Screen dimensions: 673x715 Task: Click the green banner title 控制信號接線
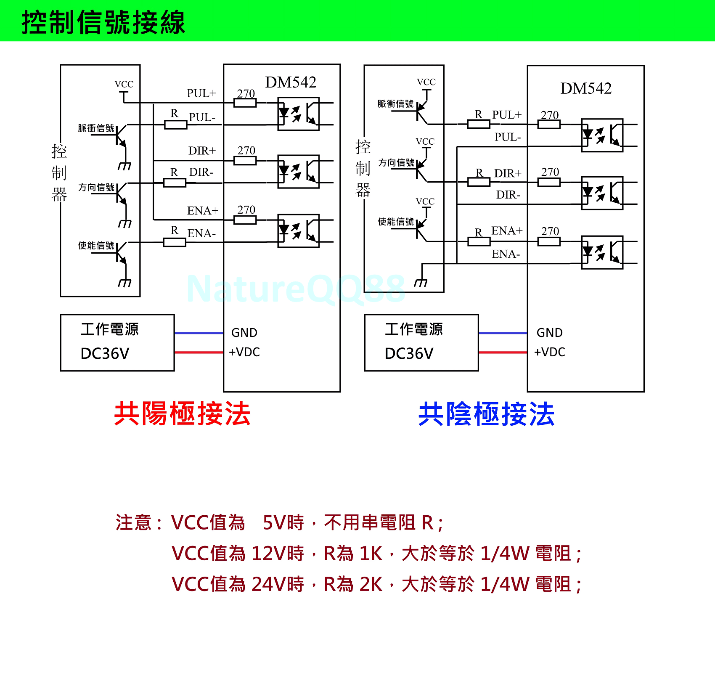(x=103, y=22)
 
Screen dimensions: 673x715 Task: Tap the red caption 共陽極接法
(x=182, y=414)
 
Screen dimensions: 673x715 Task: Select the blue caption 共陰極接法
(x=486, y=414)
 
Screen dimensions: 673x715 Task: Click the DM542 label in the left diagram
(x=291, y=82)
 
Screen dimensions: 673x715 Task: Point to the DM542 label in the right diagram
(x=586, y=88)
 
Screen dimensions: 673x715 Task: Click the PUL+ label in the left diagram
(x=201, y=93)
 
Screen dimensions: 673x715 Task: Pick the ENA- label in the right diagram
(x=506, y=254)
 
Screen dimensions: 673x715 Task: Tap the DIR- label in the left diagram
(x=201, y=172)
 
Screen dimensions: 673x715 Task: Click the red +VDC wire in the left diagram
(x=199, y=352)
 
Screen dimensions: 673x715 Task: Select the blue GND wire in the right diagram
(x=503, y=333)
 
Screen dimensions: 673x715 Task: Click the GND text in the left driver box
(x=244, y=333)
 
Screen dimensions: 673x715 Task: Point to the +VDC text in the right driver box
(x=550, y=352)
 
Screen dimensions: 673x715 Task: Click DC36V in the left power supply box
(x=105, y=354)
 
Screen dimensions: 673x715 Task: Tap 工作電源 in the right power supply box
(x=414, y=329)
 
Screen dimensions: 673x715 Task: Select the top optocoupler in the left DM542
(x=298, y=114)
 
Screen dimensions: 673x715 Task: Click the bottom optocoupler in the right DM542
(x=602, y=252)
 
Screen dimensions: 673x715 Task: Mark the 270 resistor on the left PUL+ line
(x=245, y=103)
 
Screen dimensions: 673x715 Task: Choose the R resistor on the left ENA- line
(x=175, y=242)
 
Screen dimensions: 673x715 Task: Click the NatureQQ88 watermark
(x=296, y=289)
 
